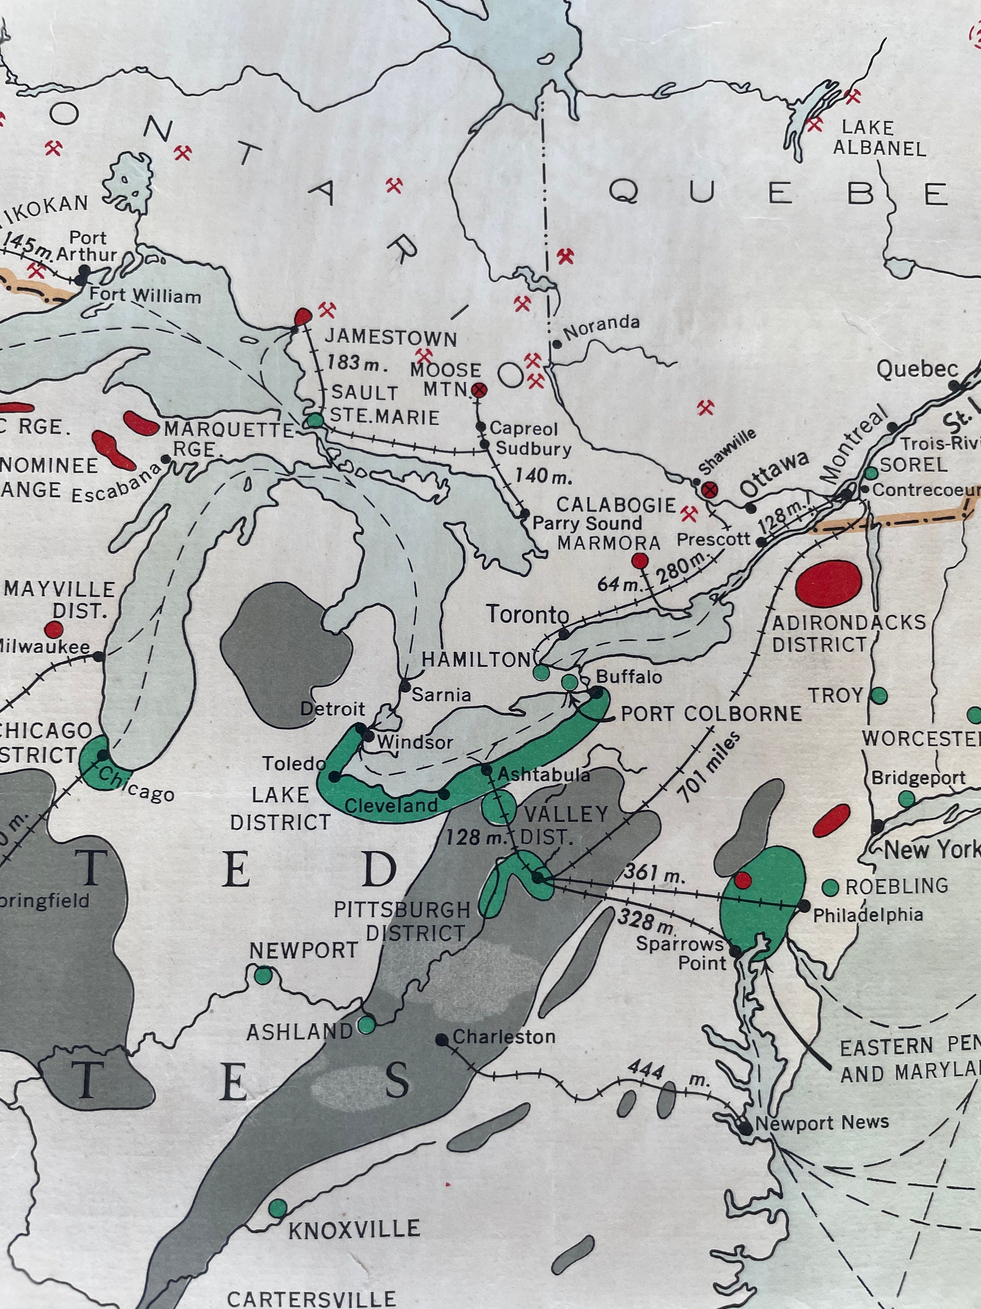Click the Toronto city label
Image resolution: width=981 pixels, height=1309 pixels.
[528, 615]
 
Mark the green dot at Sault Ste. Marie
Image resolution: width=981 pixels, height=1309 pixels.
[315, 420]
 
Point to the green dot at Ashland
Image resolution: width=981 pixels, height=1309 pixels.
[367, 1025]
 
